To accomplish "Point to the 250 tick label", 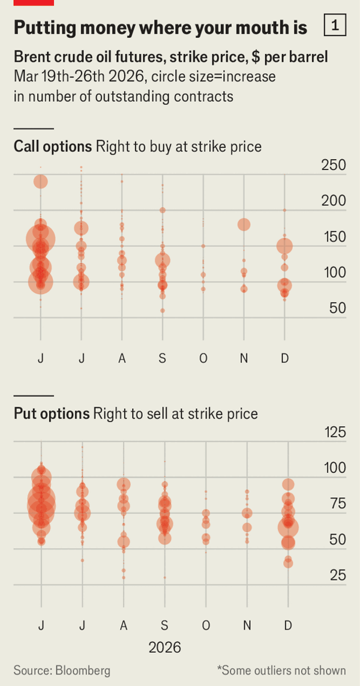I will (x=334, y=165).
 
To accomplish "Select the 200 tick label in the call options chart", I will (x=334, y=201).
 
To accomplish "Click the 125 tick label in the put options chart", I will (x=334, y=432).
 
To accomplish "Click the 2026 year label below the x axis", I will (x=164, y=648).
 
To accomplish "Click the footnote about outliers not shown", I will (x=281, y=670).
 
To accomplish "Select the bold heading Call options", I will (x=53, y=146).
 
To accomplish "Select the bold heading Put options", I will (x=52, y=414).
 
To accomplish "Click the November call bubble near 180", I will (x=244, y=224).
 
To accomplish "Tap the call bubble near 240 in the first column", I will (x=41, y=181).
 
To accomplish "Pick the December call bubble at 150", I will (x=284, y=246).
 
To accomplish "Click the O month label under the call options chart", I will (x=203, y=358).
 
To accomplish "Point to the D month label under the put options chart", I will (x=288, y=625).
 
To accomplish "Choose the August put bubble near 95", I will (x=124, y=485).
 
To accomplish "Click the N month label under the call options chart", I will (x=244, y=358).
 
